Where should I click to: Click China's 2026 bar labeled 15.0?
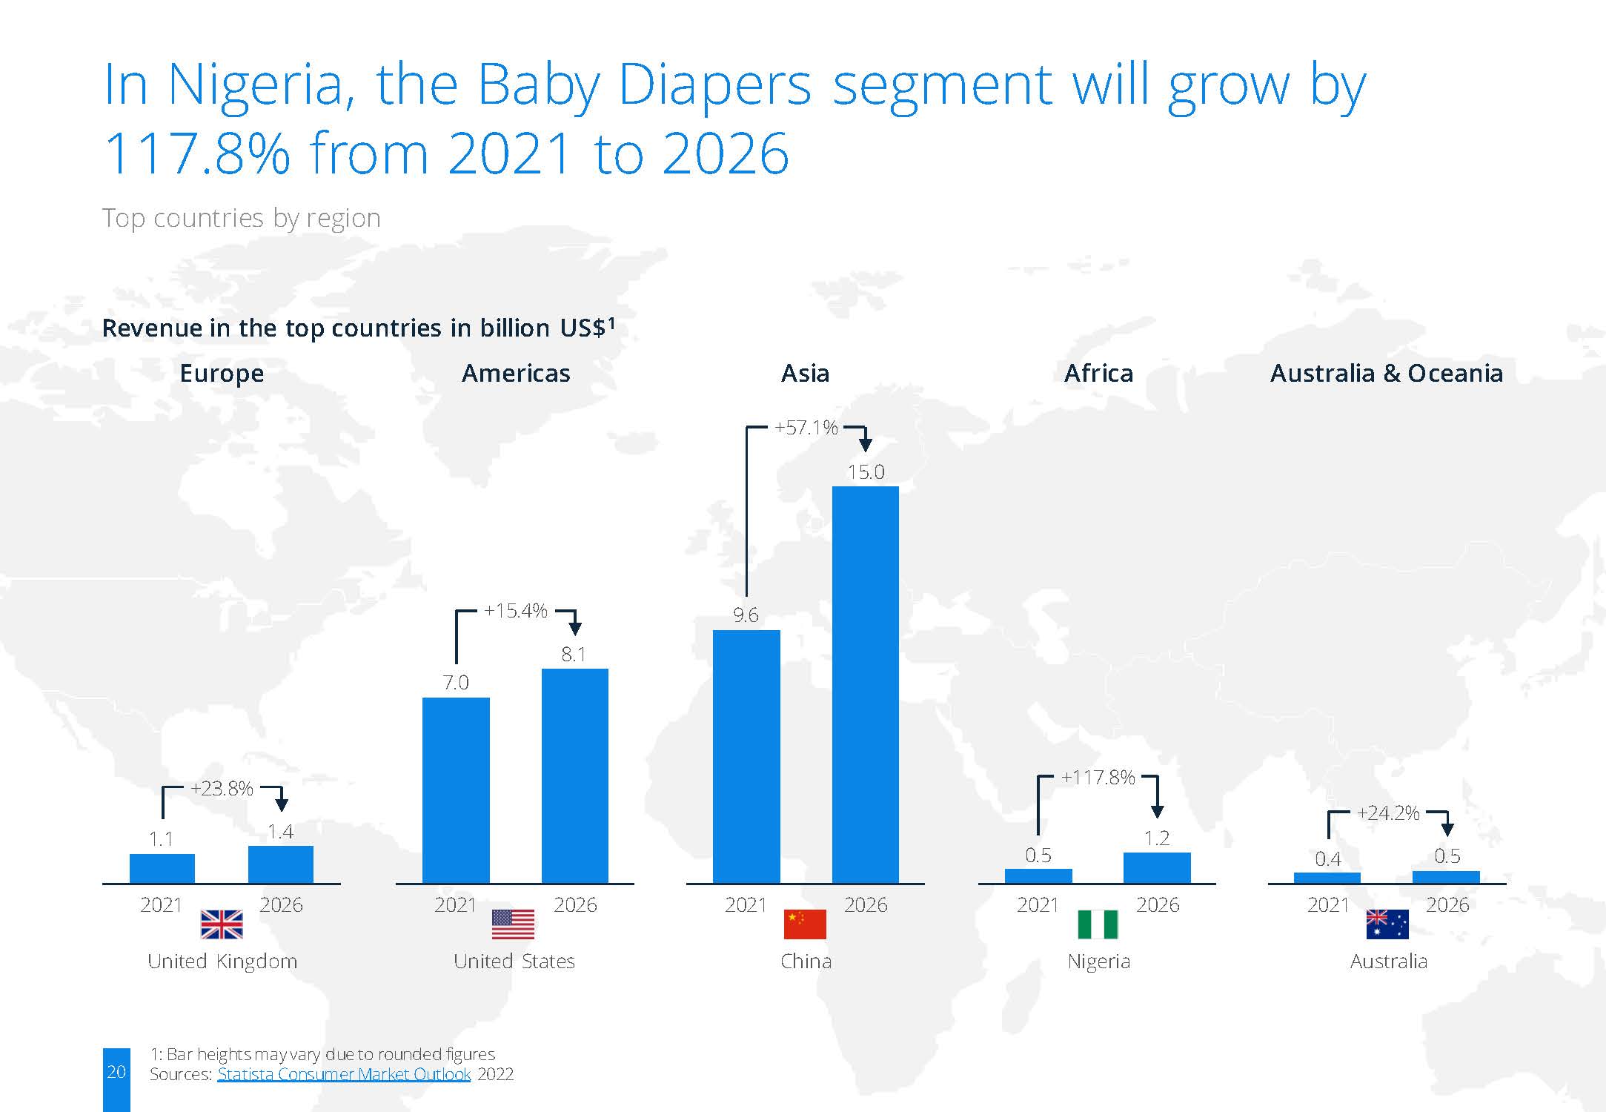pyautogui.click(x=865, y=684)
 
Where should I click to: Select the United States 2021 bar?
pyautogui.click(x=456, y=790)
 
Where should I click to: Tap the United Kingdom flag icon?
pyautogui.click(x=222, y=924)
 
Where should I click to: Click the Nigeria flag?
pyautogui.click(x=1098, y=924)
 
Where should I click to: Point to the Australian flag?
pyautogui.click(x=1387, y=924)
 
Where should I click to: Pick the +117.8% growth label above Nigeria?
pyautogui.click(x=1098, y=777)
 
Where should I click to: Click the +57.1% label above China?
pyautogui.click(x=806, y=428)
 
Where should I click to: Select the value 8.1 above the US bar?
pyautogui.click(x=574, y=654)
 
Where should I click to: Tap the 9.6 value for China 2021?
pyautogui.click(x=746, y=615)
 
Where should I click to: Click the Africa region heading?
pyautogui.click(x=1098, y=373)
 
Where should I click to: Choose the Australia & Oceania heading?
pyautogui.click(x=1387, y=373)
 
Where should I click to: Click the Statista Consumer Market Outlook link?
pyautogui.click(x=344, y=1074)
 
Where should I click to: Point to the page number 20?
pyautogui.click(x=116, y=1071)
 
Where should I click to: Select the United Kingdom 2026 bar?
pyautogui.click(x=281, y=864)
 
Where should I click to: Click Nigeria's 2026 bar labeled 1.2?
pyautogui.click(x=1157, y=867)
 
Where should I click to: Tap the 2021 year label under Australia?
pyautogui.click(x=1328, y=904)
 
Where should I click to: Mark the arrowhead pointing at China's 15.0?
pyautogui.click(x=865, y=445)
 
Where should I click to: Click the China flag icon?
pyautogui.click(x=805, y=924)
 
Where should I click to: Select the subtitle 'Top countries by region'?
pyautogui.click(x=242, y=219)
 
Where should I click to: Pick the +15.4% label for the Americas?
pyautogui.click(x=516, y=611)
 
